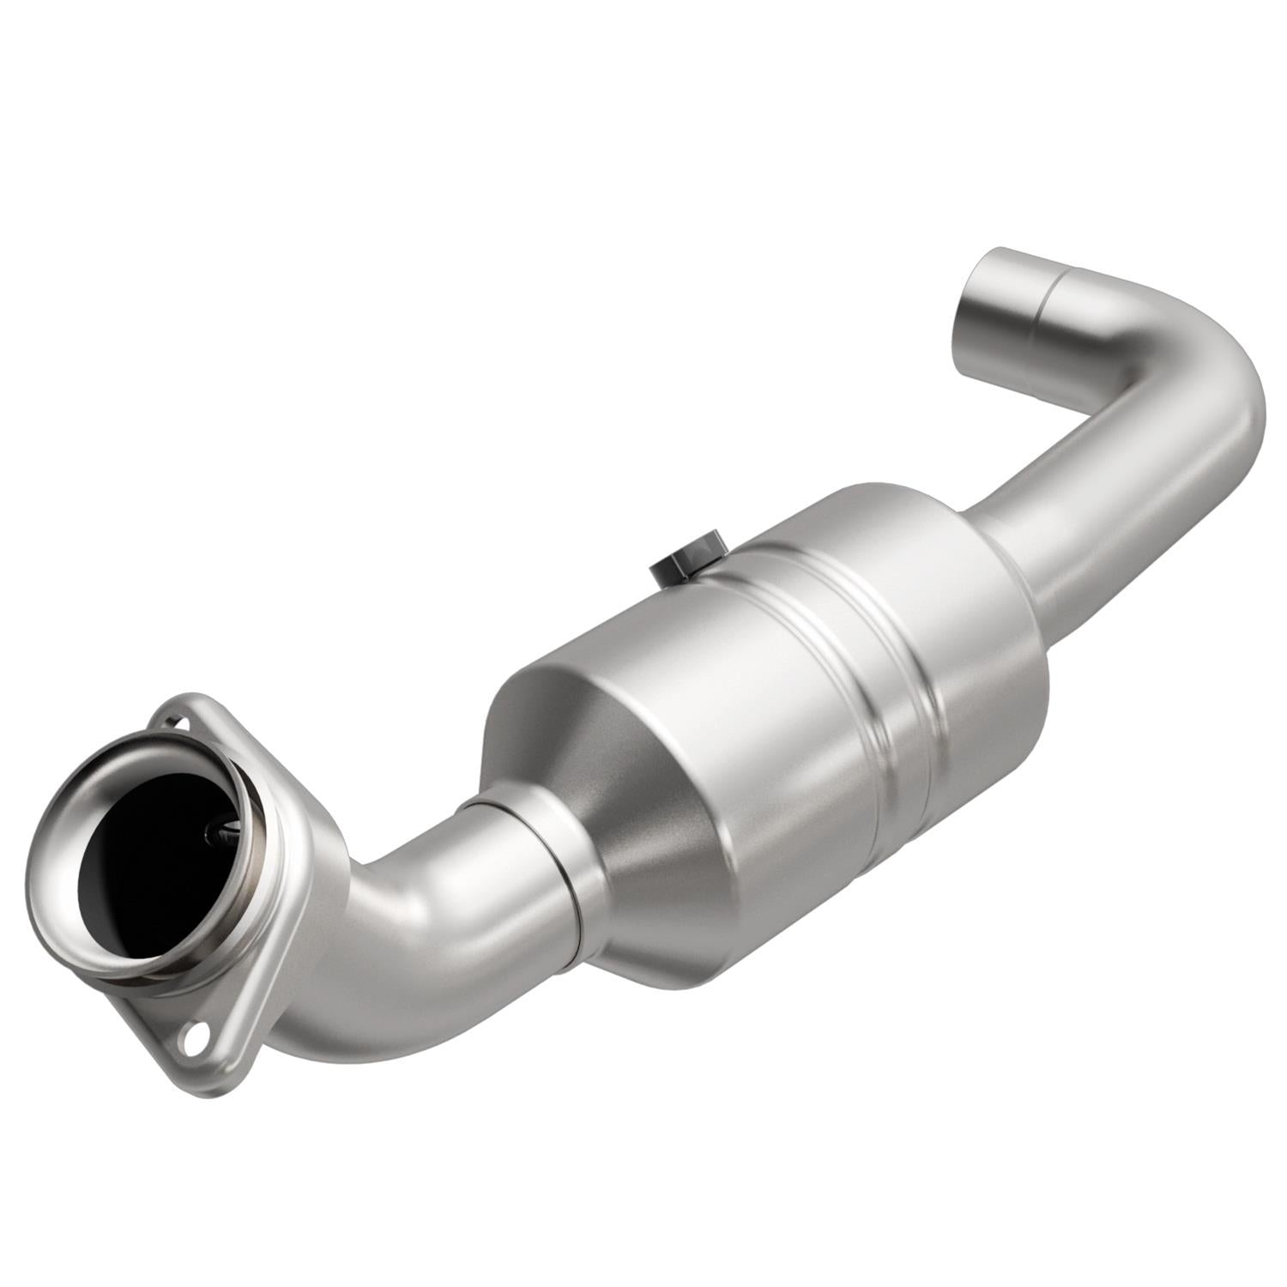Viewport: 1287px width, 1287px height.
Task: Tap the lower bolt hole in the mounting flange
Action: (190, 1039)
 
